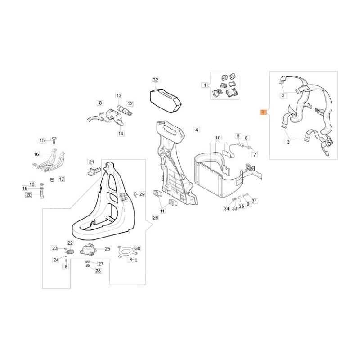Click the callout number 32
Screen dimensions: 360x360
pos(155,80)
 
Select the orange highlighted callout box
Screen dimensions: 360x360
pos(263,112)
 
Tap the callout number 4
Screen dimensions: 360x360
pos(197,130)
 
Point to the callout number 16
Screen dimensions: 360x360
pos(36,154)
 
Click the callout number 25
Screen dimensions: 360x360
pos(108,249)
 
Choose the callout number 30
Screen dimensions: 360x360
pos(138,248)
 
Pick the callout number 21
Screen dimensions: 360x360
pos(92,162)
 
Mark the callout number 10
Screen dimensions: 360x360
pos(218,138)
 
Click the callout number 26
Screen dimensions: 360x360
pos(155,217)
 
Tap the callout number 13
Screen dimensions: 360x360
pos(119,95)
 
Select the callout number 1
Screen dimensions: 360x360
pos(205,85)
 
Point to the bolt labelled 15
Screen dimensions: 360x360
pos(54,140)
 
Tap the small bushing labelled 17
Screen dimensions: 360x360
pos(53,179)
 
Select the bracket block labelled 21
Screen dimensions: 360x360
pos(94,171)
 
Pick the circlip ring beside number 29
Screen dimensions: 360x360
pos(135,194)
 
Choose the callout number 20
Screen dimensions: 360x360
pos(29,195)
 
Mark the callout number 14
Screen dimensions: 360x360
pos(121,133)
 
